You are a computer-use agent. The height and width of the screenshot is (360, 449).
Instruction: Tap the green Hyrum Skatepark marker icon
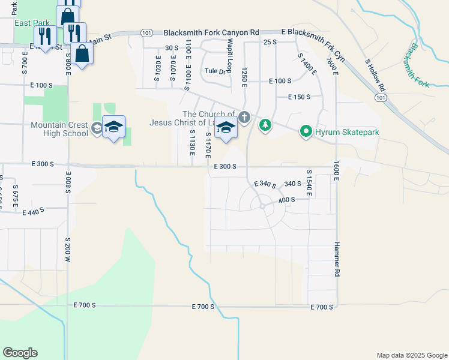(x=306, y=131)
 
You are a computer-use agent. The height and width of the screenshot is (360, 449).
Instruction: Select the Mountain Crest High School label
(x=60, y=129)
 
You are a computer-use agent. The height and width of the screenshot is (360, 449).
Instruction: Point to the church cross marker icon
(x=244, y=116)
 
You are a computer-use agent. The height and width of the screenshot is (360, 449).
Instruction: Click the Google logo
(x=20, y=353)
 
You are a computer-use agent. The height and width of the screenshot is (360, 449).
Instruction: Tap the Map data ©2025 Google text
(x=411, y=355)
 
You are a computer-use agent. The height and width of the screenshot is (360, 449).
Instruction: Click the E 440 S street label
(x=34, y=212)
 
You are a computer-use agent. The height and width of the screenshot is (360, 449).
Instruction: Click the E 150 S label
(x=299, y=97)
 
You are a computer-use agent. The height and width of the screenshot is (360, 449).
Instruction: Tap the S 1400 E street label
(x=307, y=63)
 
